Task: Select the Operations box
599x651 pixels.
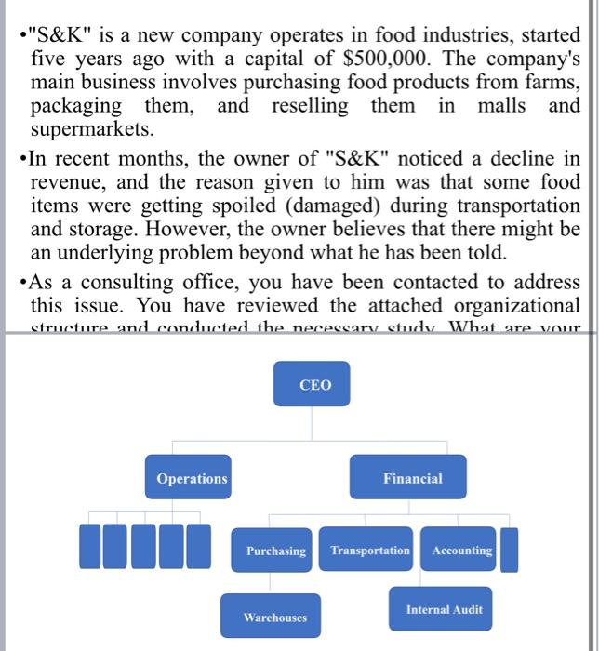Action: pyautogui.click(x=192, y=478)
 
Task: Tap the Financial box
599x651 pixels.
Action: pyautogui.click(x=412, y=478)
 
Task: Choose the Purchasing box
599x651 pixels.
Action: pyautogui.click(x=275, y=551)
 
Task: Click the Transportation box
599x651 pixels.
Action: pyautogui.click(x=369, y=551)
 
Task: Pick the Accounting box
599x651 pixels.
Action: pyautogui.click(x=461, y=551)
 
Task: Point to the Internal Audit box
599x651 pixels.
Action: pyautogui.click(x=444, y=610)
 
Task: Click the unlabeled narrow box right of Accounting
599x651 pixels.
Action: pyautogui.click(x=509, y=550)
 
